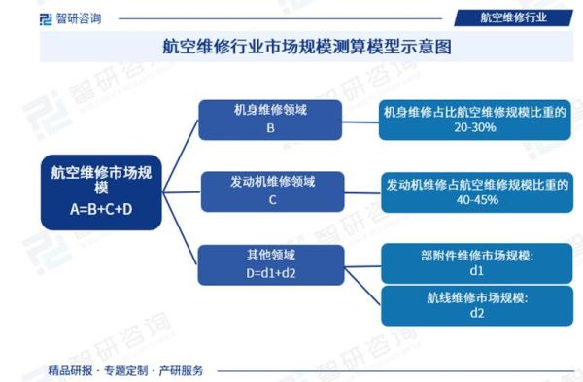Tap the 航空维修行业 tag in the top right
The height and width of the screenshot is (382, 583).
tap(514, 16)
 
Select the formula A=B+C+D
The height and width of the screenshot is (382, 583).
tap(101, 209)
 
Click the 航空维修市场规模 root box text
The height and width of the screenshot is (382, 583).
tap(101, 181)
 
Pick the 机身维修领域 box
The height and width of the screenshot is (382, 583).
tap(270, 119)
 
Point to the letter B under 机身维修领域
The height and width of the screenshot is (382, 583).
tap(270, 128)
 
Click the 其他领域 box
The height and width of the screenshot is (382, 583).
tap(271, 262)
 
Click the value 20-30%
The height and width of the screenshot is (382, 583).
tap(475, 128)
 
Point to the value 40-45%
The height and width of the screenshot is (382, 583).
tap(476, 200)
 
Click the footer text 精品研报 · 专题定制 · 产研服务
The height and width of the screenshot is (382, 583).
tap(125, 370)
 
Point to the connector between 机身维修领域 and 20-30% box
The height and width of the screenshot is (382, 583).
tap(362, 120)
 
